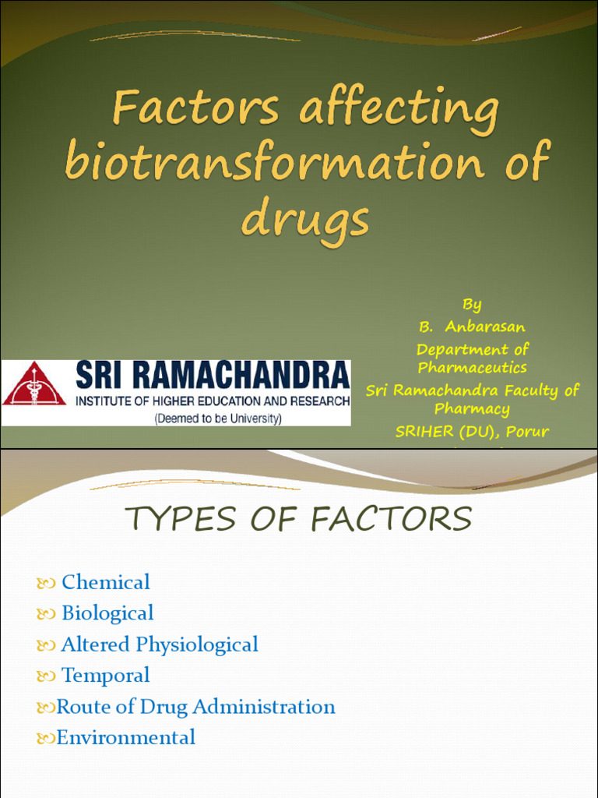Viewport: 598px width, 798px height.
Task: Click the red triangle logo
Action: pos(33,384)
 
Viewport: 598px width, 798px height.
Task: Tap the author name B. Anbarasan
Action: pos(472,327)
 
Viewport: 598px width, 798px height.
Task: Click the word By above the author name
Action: pos(472,304)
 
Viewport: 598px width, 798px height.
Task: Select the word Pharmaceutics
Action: pos(472,367)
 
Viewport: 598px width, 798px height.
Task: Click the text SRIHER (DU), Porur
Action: pos(472,431)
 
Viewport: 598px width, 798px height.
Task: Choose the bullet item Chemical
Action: pos(106,582)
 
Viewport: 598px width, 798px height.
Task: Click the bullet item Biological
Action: pos(107,613)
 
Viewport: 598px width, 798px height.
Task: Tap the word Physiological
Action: pos(197,644)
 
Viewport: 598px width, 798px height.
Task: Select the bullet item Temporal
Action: pos(106,676)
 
